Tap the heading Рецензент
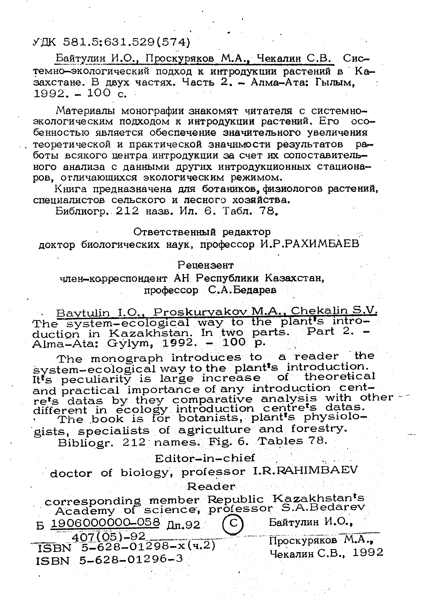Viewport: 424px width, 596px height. pos(205,265)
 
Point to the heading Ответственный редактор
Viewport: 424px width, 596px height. pos(202,232)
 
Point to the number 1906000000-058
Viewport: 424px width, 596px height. pos(105,522)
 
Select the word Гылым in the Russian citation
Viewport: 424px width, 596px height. pos(335,83)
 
